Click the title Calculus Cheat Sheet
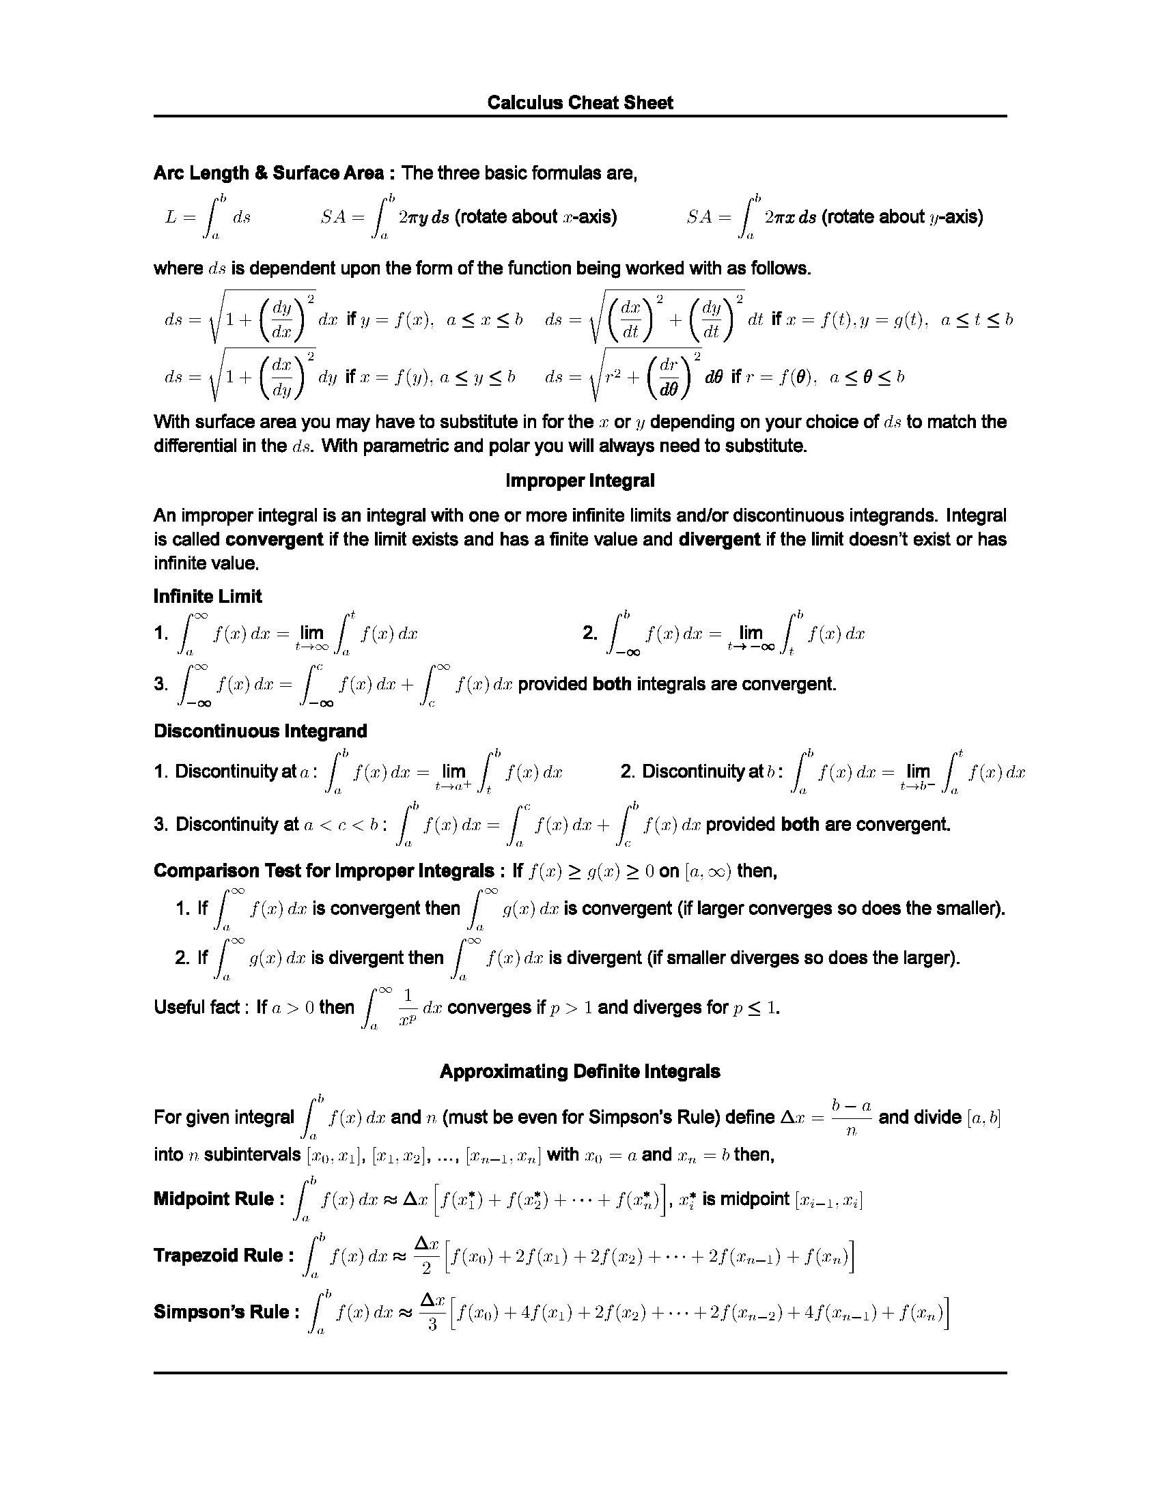pos(580,102)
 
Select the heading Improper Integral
pos(580,481)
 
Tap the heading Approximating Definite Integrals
pos(580,1071)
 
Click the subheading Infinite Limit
pos(208,596)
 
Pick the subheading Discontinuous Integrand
pos(260,731)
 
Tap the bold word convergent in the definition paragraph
pos(274,539)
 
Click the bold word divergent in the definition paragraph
pos(719,539)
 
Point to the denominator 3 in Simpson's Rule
pos(432,1324)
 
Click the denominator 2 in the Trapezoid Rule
pos(426,1268)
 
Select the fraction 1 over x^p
pos(408,1007)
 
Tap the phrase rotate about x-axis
pos(535,217)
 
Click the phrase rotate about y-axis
pos(901,217)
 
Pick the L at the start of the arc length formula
pos(171,217)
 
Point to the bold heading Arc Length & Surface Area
pos(268,173)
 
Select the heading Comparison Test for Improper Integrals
pos(323,870)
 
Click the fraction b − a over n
pos(851,1118)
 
